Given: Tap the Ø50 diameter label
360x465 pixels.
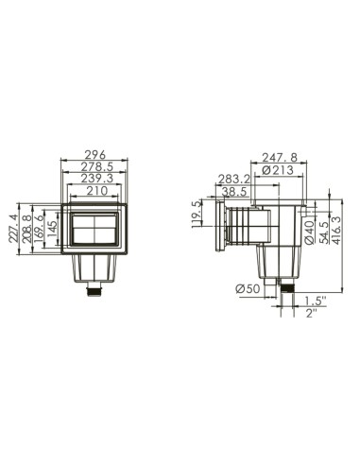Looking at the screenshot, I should [249, 288].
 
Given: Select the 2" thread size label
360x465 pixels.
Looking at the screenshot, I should [310, 314].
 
